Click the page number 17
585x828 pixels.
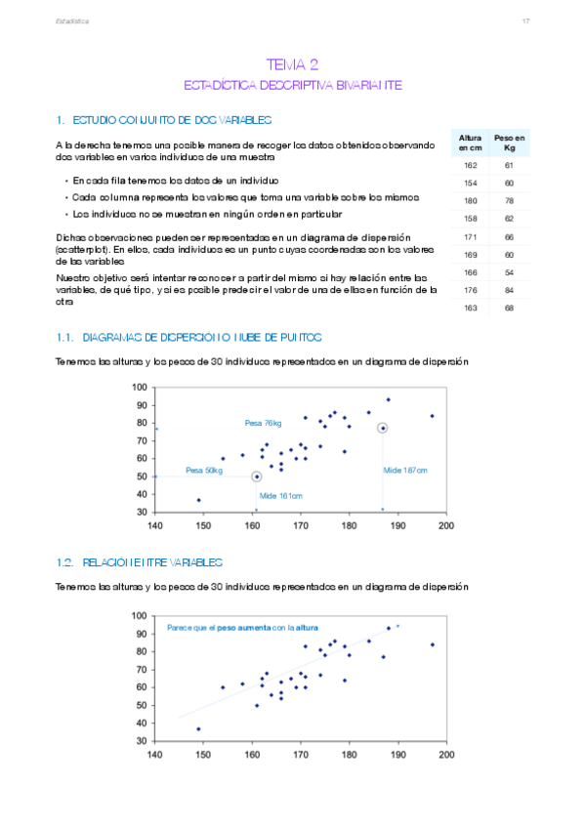[x=525, y=21]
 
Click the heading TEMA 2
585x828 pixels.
[x=292, y=64]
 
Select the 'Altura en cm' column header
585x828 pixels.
[x=471, y=144]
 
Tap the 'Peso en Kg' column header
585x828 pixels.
[x=510, y=144]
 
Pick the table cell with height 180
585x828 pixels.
[x=471, y=201]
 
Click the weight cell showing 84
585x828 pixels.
[x=510, y=290]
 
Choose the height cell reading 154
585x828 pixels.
[x=471, y=184]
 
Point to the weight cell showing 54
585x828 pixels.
[x=510, y=272]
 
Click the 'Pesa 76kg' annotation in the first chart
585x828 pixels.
[x=263, y=423]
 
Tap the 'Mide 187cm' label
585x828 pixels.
[x=404, y=470]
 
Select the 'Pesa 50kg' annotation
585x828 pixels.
[x=204, y=470]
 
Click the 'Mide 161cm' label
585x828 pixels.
[x=280, y=496]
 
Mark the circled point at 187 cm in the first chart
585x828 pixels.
[x=383, y=428]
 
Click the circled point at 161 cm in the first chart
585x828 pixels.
[x=256, y=476]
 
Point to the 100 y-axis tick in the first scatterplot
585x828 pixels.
[x=141, y=388]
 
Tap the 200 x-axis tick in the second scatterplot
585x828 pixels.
[x=446, y=755]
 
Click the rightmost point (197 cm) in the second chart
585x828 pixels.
[x=432, y=644]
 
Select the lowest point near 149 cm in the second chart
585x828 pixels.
[x=198, y=728]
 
